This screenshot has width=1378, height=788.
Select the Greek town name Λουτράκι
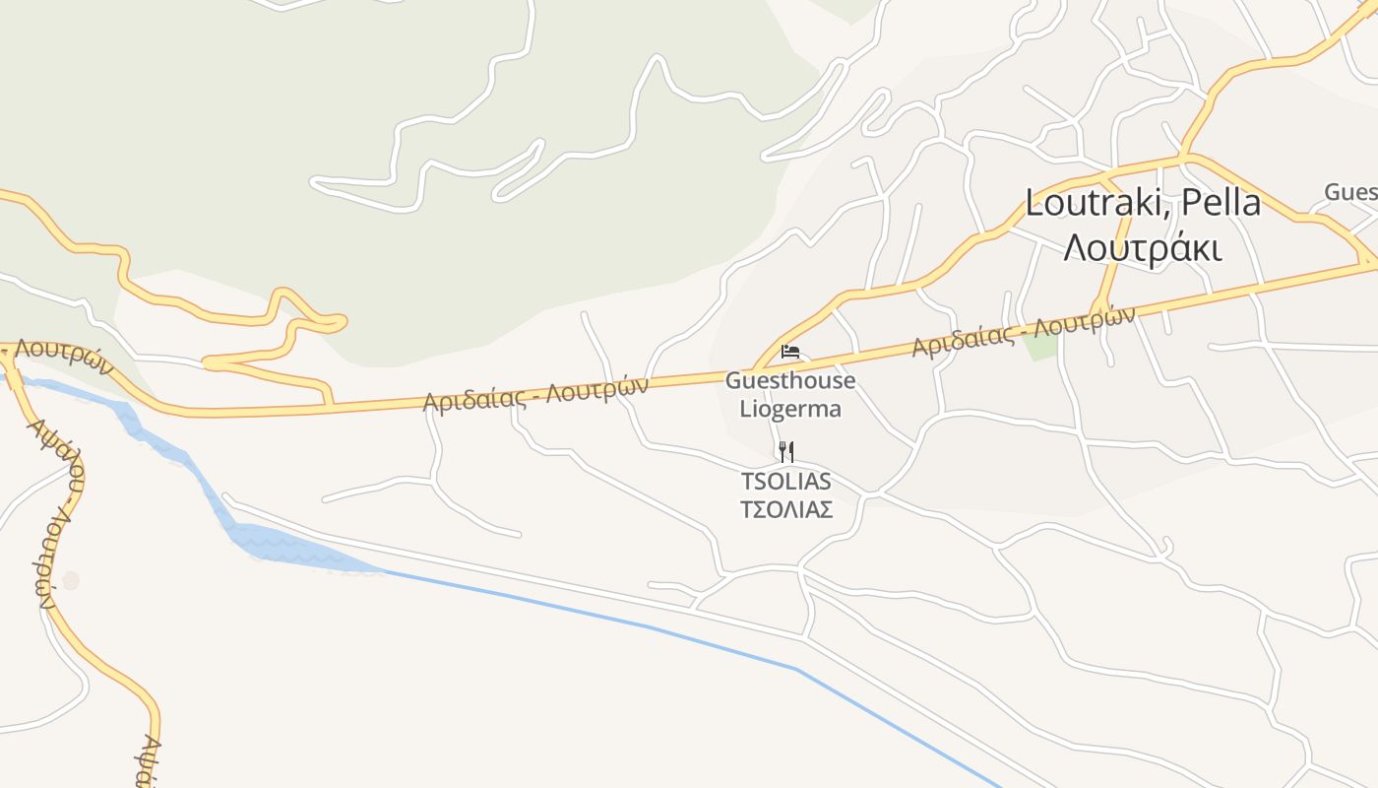(x=1143, y=248)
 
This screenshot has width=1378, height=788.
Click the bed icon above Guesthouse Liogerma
(x=790, y=352)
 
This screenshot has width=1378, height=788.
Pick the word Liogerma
(x=790, y=408)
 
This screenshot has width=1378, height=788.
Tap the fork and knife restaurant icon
(x=786, y=452)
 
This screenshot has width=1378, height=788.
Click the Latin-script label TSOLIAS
(x=786, y=482)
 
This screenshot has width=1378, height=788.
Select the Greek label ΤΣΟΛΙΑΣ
(x=786, y=509)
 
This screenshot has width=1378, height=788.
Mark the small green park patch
(x=1039, y=346)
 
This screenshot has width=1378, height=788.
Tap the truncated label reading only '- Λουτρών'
(x=59, y=358)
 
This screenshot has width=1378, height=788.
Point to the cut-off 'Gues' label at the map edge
(x=1350, y=192)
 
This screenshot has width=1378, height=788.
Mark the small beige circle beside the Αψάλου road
(x=71, y=580)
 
